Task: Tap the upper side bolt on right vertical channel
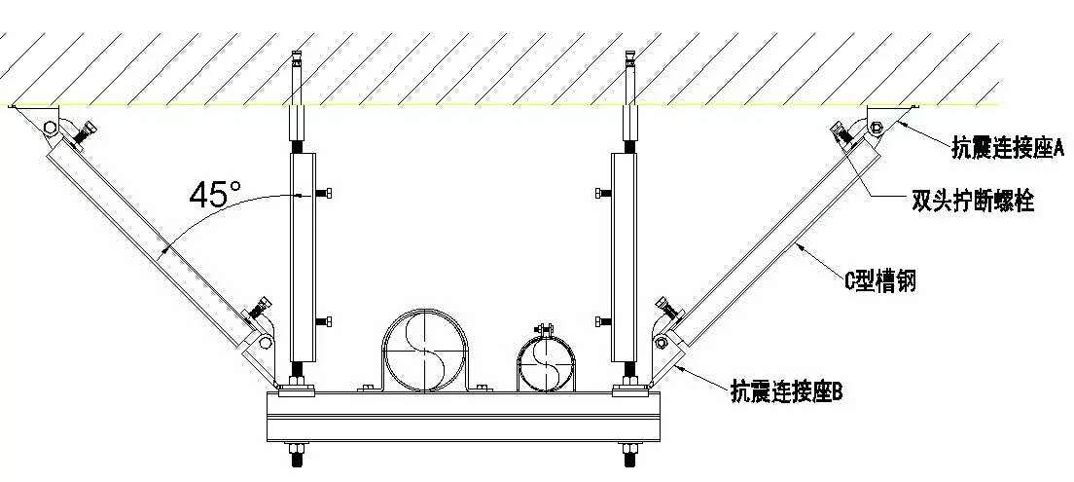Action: [x=603, y=194]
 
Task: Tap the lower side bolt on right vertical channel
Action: [x=603, y=321]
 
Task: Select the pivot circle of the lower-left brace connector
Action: [x=265, y=342]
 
